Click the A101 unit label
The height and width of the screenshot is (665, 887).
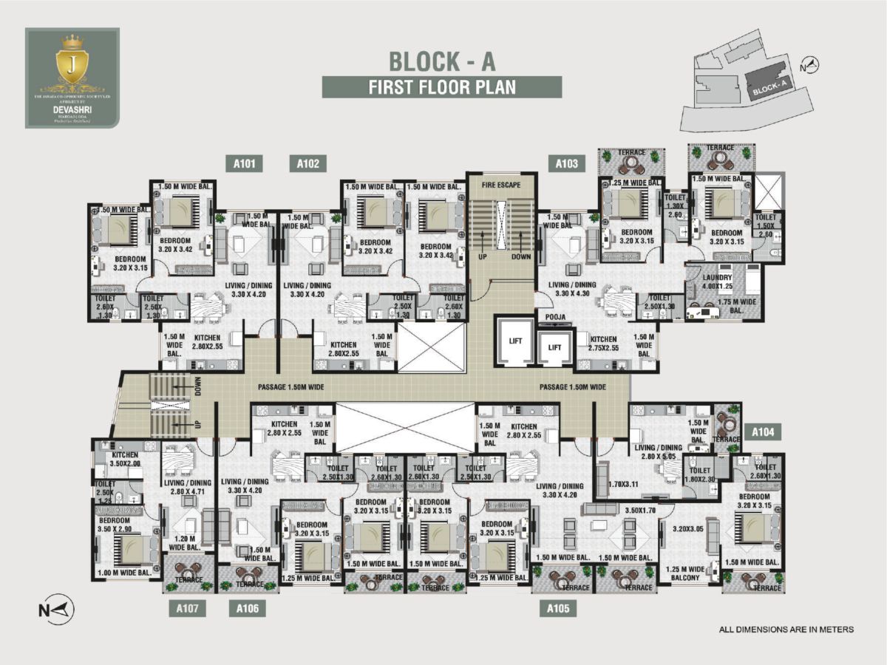(x=245, y=164)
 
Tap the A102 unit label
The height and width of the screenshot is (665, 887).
(x=307, y=164)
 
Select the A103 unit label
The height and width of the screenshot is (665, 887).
(x=566, y=164)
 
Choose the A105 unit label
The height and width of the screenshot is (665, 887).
(x=557, y=609)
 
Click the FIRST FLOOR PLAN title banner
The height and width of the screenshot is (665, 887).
(x=442, y=86)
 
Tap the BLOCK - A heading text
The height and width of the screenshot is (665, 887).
(x=442, y=58)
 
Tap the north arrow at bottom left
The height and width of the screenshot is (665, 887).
(x=56, y=610)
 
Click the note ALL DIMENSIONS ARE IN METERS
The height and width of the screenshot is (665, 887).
(x=786, y=630)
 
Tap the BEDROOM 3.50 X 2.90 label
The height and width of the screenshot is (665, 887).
(x=115, y=525)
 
